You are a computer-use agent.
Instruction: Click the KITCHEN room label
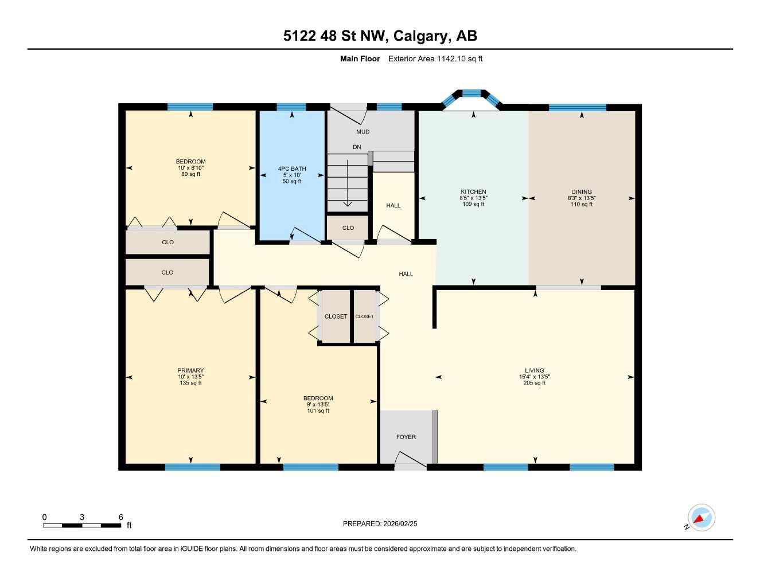click(x=473, y=192)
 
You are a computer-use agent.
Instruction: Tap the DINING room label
click(x=581, y=192)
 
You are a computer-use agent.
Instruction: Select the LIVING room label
click(x=534, y=370)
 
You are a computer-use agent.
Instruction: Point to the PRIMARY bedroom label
click(x=190, y=370)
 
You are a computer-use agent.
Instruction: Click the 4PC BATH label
click(x=292, y=169)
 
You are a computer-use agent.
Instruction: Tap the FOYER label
click(x=406, y=437)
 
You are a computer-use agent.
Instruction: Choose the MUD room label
click(x=363, y=132)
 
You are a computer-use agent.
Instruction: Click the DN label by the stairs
click(x=357, y=147)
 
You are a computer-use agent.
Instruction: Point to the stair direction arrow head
click(x=347, y=204)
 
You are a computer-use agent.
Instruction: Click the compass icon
click(x=701, y=518)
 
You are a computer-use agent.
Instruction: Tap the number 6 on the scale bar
click(x=120, y=517)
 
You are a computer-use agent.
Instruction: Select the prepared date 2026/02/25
click(x=400, y=523)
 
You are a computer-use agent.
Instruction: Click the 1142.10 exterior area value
click(x=451, y=58)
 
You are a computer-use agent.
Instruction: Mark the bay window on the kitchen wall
click(x=471, y=94)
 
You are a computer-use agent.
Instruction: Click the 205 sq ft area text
click(x=534, y=383)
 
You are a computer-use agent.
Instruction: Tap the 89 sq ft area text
click(x=190, y=174)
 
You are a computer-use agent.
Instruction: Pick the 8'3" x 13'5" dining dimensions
click(x=581, y=198)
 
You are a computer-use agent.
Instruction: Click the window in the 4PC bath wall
click(x=291, y=107)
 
